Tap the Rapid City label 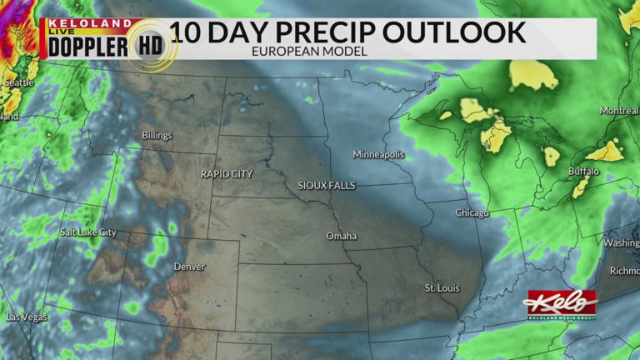coord(227,174)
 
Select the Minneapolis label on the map coord(378,155)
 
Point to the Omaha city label coord(341,237)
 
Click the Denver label coord(189,267)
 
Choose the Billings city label coord(157,136)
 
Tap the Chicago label coord(472,213)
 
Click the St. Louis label coord(442,288)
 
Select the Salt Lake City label coord(87,232)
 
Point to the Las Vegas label coord(27,317)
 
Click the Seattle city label coord(18,83)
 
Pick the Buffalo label coord(583,172)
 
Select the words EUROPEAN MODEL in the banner coord(308,52)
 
